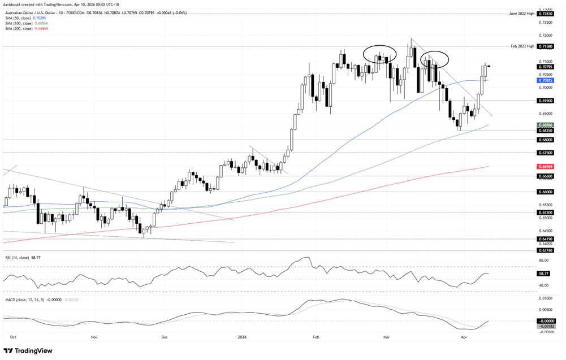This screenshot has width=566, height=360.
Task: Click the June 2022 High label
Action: click(x=521, y=13)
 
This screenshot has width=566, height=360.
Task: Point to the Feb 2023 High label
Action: click(x=522, y=46)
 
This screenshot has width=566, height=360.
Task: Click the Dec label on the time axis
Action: click(x=165, y=336)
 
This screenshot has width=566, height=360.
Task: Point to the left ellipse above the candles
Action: click(x=379, y=54)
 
